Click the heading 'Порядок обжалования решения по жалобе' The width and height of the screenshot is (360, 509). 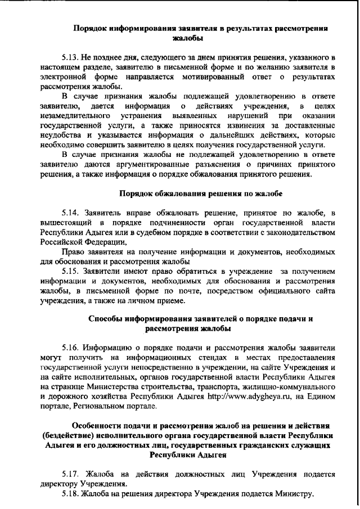point(201,194)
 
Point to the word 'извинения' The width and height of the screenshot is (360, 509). point(249,127)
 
